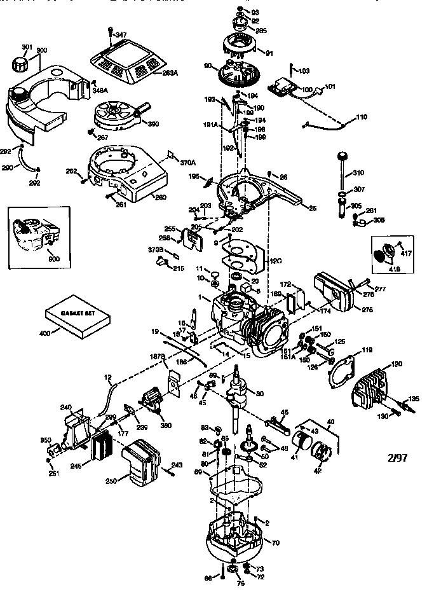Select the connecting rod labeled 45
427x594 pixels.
coord(278,420)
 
